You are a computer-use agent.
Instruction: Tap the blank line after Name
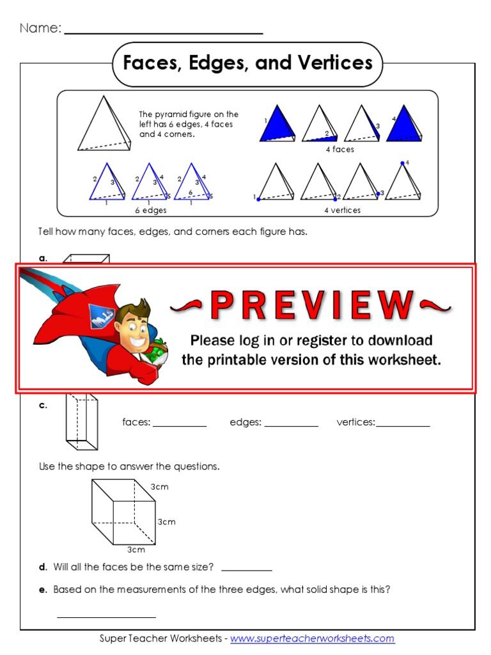(x=163, y=33)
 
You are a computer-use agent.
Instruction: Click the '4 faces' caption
(x=340, y=149)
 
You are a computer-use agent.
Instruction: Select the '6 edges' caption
(x=151, y=210)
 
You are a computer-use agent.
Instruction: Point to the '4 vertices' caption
(x=343, y=210)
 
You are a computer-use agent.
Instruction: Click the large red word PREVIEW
(x=311, y=305)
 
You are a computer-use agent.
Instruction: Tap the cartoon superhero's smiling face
(x=132, y=327)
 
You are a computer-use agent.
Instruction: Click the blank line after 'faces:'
(x=180, y=426)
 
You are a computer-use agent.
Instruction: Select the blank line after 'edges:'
(x=291, y=426)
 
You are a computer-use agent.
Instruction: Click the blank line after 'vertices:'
(x=403, y=426)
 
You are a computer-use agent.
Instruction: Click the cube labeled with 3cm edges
(x=123, y=512)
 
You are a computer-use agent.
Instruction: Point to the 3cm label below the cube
(x=136, y=549)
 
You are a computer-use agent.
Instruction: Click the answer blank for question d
(x=247, y=570)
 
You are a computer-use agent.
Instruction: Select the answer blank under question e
(x=107, y=617)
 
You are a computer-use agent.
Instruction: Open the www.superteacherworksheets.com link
(x=312, y=638)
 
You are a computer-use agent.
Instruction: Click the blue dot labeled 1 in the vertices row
(x=258, y=200)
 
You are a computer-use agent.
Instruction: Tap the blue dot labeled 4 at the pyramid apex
(x=403, y=163)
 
